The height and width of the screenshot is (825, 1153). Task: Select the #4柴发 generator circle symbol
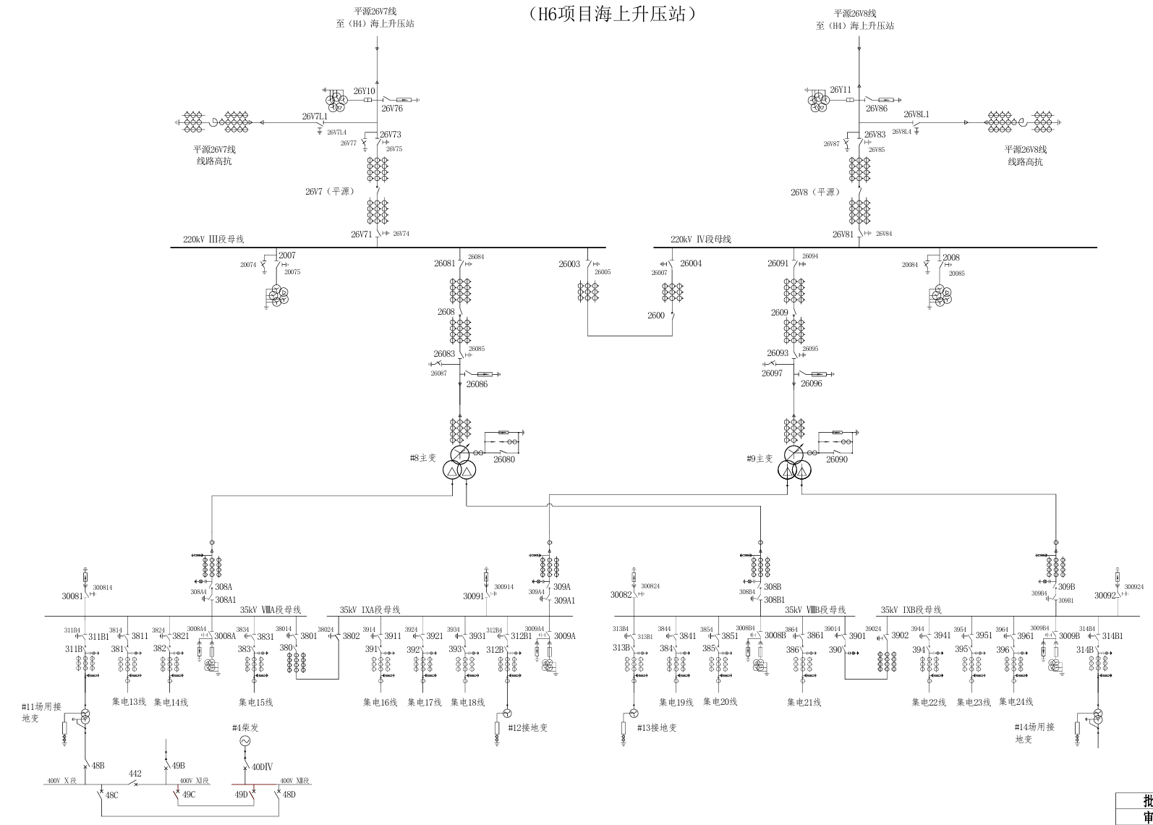coord(244,742)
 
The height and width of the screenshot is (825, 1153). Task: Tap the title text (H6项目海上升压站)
coord(613,13)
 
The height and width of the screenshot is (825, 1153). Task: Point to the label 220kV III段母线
coord(213,240)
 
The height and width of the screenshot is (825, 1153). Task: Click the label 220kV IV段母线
coord(700,240)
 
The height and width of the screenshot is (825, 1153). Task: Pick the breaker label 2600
coord(656,316)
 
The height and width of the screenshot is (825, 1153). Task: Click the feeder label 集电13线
coord(129,702)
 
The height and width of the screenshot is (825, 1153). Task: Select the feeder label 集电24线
coord(1016,702)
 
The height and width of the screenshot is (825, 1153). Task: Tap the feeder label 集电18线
coord(467,702)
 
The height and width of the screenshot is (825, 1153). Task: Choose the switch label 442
coord(135,774)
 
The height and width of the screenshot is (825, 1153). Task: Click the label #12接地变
coord(527,728)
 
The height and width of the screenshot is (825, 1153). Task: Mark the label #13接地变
coord(657,728)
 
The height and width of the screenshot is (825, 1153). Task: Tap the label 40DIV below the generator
coord(262,767)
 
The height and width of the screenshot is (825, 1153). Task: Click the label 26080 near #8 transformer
coord(504,460)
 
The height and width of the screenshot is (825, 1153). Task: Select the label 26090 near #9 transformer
coord(837,460)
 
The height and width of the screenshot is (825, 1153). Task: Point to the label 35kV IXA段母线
coord(370,610)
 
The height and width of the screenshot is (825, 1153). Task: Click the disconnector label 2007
coord(287,255)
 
